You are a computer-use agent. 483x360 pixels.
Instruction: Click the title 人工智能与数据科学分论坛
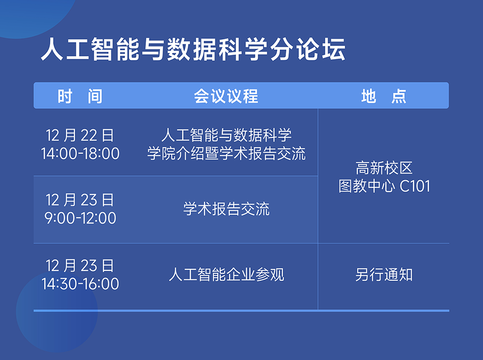(x=193, y=49)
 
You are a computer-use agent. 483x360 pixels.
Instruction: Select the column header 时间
(x=80, y=96)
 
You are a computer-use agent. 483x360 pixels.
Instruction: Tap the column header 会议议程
(x=226, y=96)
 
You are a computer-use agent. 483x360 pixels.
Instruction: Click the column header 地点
(x=384, y=96)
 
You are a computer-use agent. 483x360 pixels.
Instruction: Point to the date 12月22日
(x=80, y=135)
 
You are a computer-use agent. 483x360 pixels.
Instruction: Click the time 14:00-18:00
(x=80, y=154)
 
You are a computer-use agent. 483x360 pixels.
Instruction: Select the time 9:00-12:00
(x=80, y=218)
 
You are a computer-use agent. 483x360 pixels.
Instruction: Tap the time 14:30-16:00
(x=80, y=284)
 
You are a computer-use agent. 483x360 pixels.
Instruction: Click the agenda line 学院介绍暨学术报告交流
(x=226, y=153)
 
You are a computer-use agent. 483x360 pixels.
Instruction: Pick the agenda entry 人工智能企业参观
(x=226, y=274)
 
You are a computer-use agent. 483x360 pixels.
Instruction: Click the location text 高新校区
(x=384, y=168)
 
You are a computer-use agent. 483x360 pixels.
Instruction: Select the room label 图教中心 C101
(x=384, y=186)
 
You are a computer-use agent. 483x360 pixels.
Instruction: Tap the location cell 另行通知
(x=384, y=274)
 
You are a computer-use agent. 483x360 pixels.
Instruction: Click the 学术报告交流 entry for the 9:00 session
(x=226, y=209)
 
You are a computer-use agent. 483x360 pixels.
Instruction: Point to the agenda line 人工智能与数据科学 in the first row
(x=226, y=135)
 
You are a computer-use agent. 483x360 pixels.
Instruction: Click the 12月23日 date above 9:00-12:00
(x=80, y=200)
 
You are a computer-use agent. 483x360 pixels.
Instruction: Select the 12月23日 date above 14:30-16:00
(x=80, y=265)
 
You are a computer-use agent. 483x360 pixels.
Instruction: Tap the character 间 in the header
(x=95, y=96)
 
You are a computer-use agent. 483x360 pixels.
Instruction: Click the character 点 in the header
(x=399, y=96)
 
